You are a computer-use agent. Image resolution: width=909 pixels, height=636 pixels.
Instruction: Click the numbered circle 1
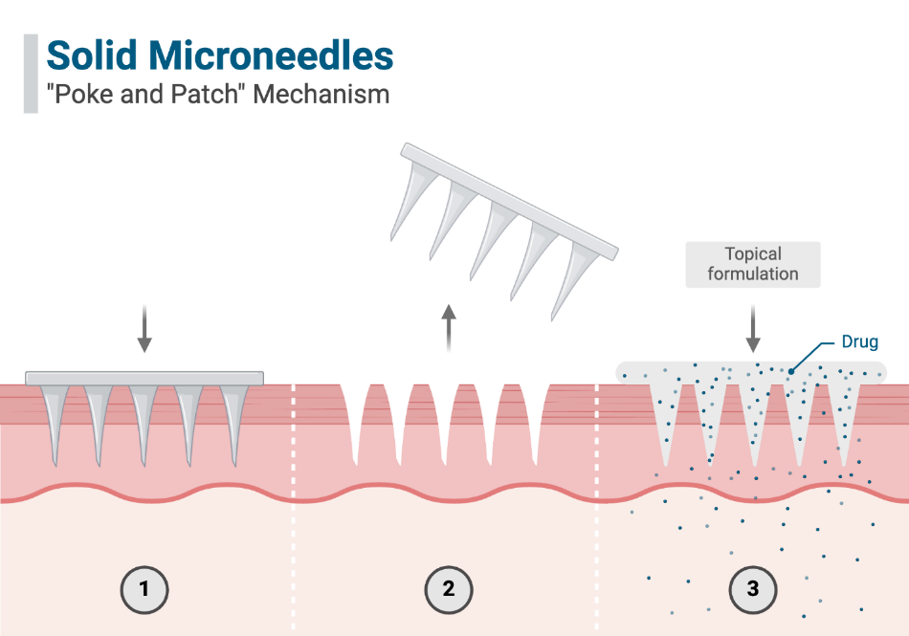[144, 588]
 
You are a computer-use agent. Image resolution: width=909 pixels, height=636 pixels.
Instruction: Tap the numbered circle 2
[449, 588]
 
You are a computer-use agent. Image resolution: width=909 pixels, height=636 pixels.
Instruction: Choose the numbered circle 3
[753, 588]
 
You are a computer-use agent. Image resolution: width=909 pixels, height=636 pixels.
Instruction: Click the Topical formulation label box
[753, 264]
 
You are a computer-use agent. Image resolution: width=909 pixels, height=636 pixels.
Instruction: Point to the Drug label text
[859, 341]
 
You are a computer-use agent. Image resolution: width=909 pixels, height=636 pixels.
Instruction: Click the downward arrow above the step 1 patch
[144, 328]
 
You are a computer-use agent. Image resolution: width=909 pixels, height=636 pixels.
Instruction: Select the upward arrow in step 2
[449, 328]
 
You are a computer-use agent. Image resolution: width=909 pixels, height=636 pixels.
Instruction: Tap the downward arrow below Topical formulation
[753, 328]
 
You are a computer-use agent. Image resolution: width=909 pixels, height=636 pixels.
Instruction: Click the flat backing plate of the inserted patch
[144, 378]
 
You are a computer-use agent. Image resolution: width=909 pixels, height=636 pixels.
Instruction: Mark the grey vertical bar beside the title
[31, 74]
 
